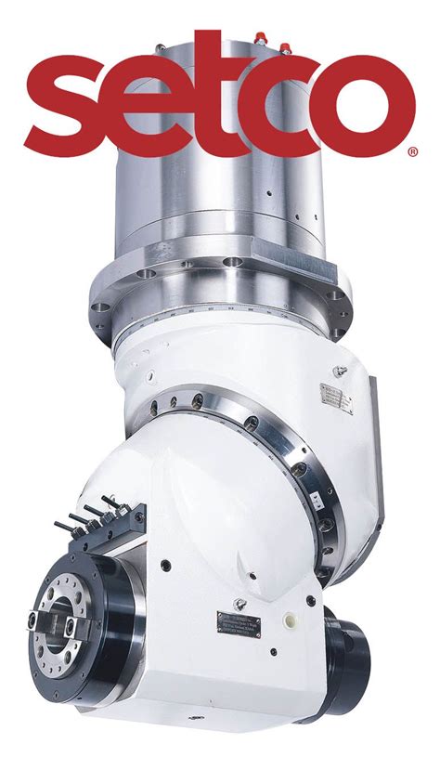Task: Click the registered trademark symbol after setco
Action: point(412,151)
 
